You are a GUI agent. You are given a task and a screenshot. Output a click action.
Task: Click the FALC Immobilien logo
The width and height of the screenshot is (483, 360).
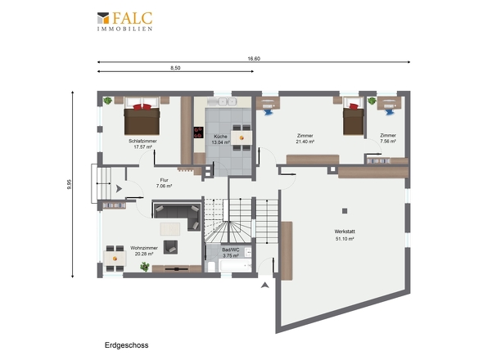pyautogui.click(x=124, y=21)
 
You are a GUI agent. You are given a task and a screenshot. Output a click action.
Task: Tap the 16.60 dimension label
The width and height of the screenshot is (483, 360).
pyautogui.click(x=254, y=59)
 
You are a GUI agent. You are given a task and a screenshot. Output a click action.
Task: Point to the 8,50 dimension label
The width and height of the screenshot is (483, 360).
pyautogui.click(x=175, y=68)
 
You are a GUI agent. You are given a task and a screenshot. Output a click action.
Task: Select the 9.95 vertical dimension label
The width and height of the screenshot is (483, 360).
pyautogui.click(x=70, y=184)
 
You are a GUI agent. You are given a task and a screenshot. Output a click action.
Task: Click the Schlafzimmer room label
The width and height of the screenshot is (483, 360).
pyautogui.click(x=142, y=141)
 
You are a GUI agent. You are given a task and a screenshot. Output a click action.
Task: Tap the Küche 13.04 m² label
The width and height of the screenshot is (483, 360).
pyautogui.click(x=220, y=139)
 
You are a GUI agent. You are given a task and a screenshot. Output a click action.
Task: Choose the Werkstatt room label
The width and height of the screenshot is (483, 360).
pyautogui.click(x=345, y=232)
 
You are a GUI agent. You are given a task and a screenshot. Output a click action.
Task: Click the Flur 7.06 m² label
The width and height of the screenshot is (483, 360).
pyautogui.click(x=164, y=183)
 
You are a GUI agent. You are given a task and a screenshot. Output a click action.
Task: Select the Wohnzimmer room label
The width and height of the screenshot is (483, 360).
pyautogui.click(x=144, y=248)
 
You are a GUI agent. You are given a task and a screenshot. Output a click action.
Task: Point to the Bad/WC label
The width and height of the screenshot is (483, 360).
pyautogui.click(x=231, y=250)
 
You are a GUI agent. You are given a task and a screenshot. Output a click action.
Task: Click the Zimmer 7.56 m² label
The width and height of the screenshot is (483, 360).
pyautogui.click(x=388, y=138)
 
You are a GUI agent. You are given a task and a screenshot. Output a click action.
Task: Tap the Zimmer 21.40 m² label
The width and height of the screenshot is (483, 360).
pyautogui.click(x=305, y=138)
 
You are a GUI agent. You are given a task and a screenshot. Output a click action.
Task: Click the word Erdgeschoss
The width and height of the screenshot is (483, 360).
pyautogui.click(x=127, y=345)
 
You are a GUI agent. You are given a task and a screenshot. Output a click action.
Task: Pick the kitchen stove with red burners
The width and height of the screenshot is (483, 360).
pyautogui.click(x=198, y=133)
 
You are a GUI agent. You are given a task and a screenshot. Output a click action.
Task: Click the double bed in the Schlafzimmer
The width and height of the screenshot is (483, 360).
pyautogui.click(x=142, y=116)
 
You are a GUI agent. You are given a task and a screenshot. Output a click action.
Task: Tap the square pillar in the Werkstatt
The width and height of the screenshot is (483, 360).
pyautogui.click(x=345, y=211)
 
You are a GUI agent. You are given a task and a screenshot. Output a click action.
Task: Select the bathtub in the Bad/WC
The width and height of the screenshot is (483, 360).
pyautogui.click(x=235, y=265)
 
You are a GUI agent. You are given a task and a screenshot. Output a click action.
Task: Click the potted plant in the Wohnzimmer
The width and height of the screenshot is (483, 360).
pyautogui.click(x=145, y=267)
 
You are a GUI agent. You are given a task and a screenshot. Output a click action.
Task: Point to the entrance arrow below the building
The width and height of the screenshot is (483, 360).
pyautogui.click(x=265, y=286)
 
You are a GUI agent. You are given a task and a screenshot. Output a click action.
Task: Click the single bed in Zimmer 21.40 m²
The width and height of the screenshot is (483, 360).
pyautogui.click(x=354, y=116)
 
